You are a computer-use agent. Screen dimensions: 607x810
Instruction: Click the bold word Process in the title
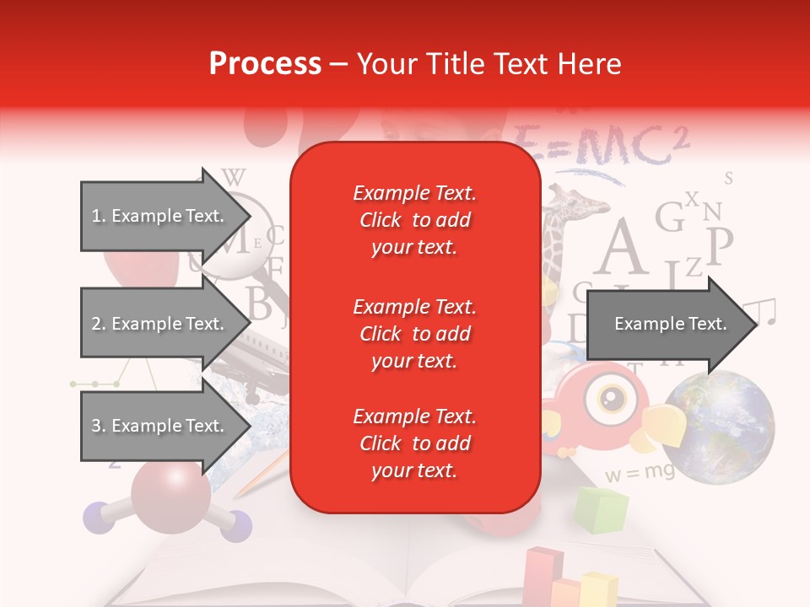[265, 64]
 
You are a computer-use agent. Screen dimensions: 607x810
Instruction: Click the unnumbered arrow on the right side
[670, 324]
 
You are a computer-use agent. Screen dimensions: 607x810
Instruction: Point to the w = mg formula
[640, 472]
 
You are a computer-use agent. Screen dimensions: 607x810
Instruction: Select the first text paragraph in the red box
[414, 220]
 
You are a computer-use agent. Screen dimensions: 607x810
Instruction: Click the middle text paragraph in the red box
[414, 334]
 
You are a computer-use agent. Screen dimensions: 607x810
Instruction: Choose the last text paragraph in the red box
[414, 443]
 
